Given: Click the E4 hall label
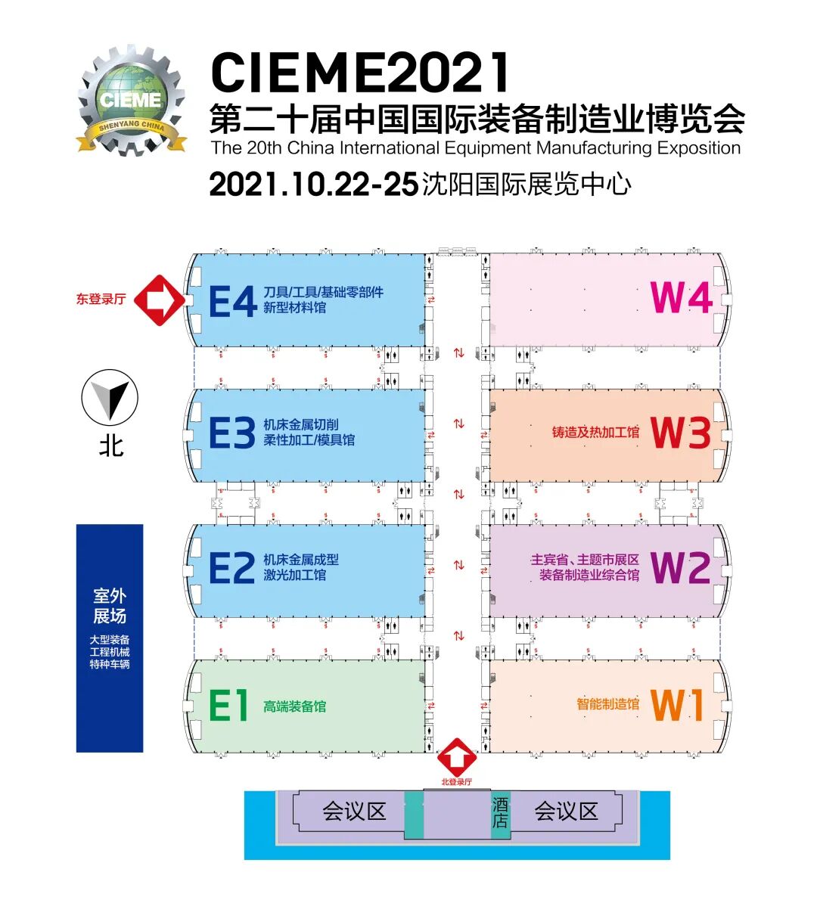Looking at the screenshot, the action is click(x=232, y=303).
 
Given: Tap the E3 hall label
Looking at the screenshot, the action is click(x=231, y=433).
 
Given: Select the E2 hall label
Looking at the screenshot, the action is click(x=231, y=568).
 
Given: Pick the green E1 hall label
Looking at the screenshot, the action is click(x=228, y=706).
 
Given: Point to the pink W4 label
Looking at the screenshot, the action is click(x=681, y=298).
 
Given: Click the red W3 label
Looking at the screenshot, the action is click(x=681, y=433).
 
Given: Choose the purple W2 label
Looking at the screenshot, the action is click(x=680, y=567).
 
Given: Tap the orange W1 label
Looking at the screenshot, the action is click(x=678, y=705).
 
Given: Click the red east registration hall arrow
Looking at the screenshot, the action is click(x=160, y=300).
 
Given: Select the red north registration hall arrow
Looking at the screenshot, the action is click(x=457, y=757).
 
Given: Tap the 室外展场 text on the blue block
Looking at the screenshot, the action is click(x=110, y=606).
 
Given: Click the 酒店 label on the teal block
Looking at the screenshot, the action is click(x=500, y=812).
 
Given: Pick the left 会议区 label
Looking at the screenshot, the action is click(x=354, y=812).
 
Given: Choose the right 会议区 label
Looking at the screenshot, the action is click(x=566, y=812).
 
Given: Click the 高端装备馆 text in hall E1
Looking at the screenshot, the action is click(x=295, y=706).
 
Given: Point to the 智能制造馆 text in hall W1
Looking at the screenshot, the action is click(x=607, y=704).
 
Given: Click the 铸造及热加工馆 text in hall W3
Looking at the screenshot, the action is click(x=595, y=433).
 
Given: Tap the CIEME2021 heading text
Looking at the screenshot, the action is click(x=361, y=73).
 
